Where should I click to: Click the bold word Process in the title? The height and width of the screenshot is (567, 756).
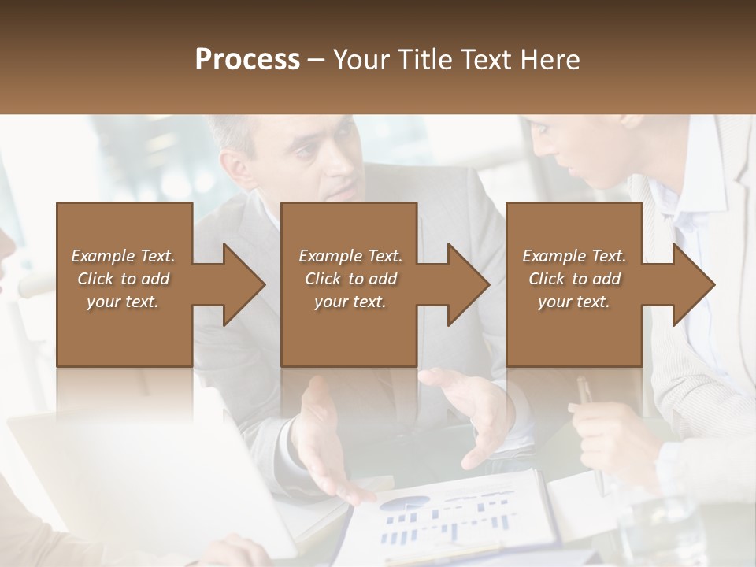(x=247, y=60)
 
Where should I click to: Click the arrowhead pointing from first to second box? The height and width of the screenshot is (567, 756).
(x=240, y=284)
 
